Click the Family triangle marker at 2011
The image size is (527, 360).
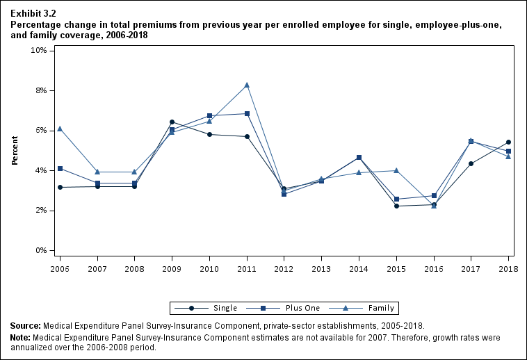247,85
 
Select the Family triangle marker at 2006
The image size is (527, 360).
60,129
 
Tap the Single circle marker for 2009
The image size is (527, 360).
172,122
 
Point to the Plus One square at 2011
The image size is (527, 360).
247,114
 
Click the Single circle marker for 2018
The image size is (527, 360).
508,142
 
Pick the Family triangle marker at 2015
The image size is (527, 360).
396,170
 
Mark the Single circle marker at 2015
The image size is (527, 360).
396,206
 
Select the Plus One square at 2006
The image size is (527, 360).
60,168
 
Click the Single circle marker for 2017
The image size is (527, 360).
471,164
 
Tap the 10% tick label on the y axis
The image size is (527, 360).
38,51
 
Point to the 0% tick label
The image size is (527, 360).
40,250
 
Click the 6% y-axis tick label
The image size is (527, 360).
40,131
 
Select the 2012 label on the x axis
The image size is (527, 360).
284,268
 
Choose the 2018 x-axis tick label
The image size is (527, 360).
508,268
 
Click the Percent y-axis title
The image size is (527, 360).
15,150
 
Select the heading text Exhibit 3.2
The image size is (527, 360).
33,13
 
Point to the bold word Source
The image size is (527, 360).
26,325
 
